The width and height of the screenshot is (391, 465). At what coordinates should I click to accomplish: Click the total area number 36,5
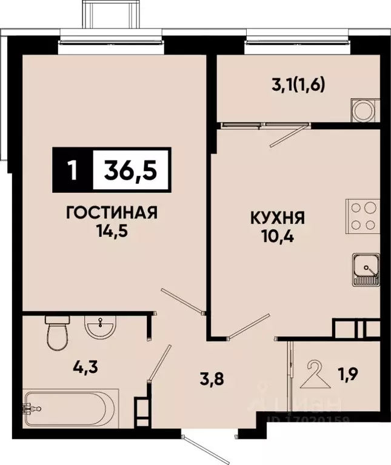(x=131, y=170)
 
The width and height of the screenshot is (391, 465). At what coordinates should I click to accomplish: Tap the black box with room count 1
(x=73, y=170)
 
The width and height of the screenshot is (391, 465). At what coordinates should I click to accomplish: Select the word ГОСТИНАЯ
(x=112, y=213)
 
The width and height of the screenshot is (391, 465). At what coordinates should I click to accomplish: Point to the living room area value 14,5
(x=112, y=232)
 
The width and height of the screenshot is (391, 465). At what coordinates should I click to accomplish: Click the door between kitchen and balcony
(x=288, y=133)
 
